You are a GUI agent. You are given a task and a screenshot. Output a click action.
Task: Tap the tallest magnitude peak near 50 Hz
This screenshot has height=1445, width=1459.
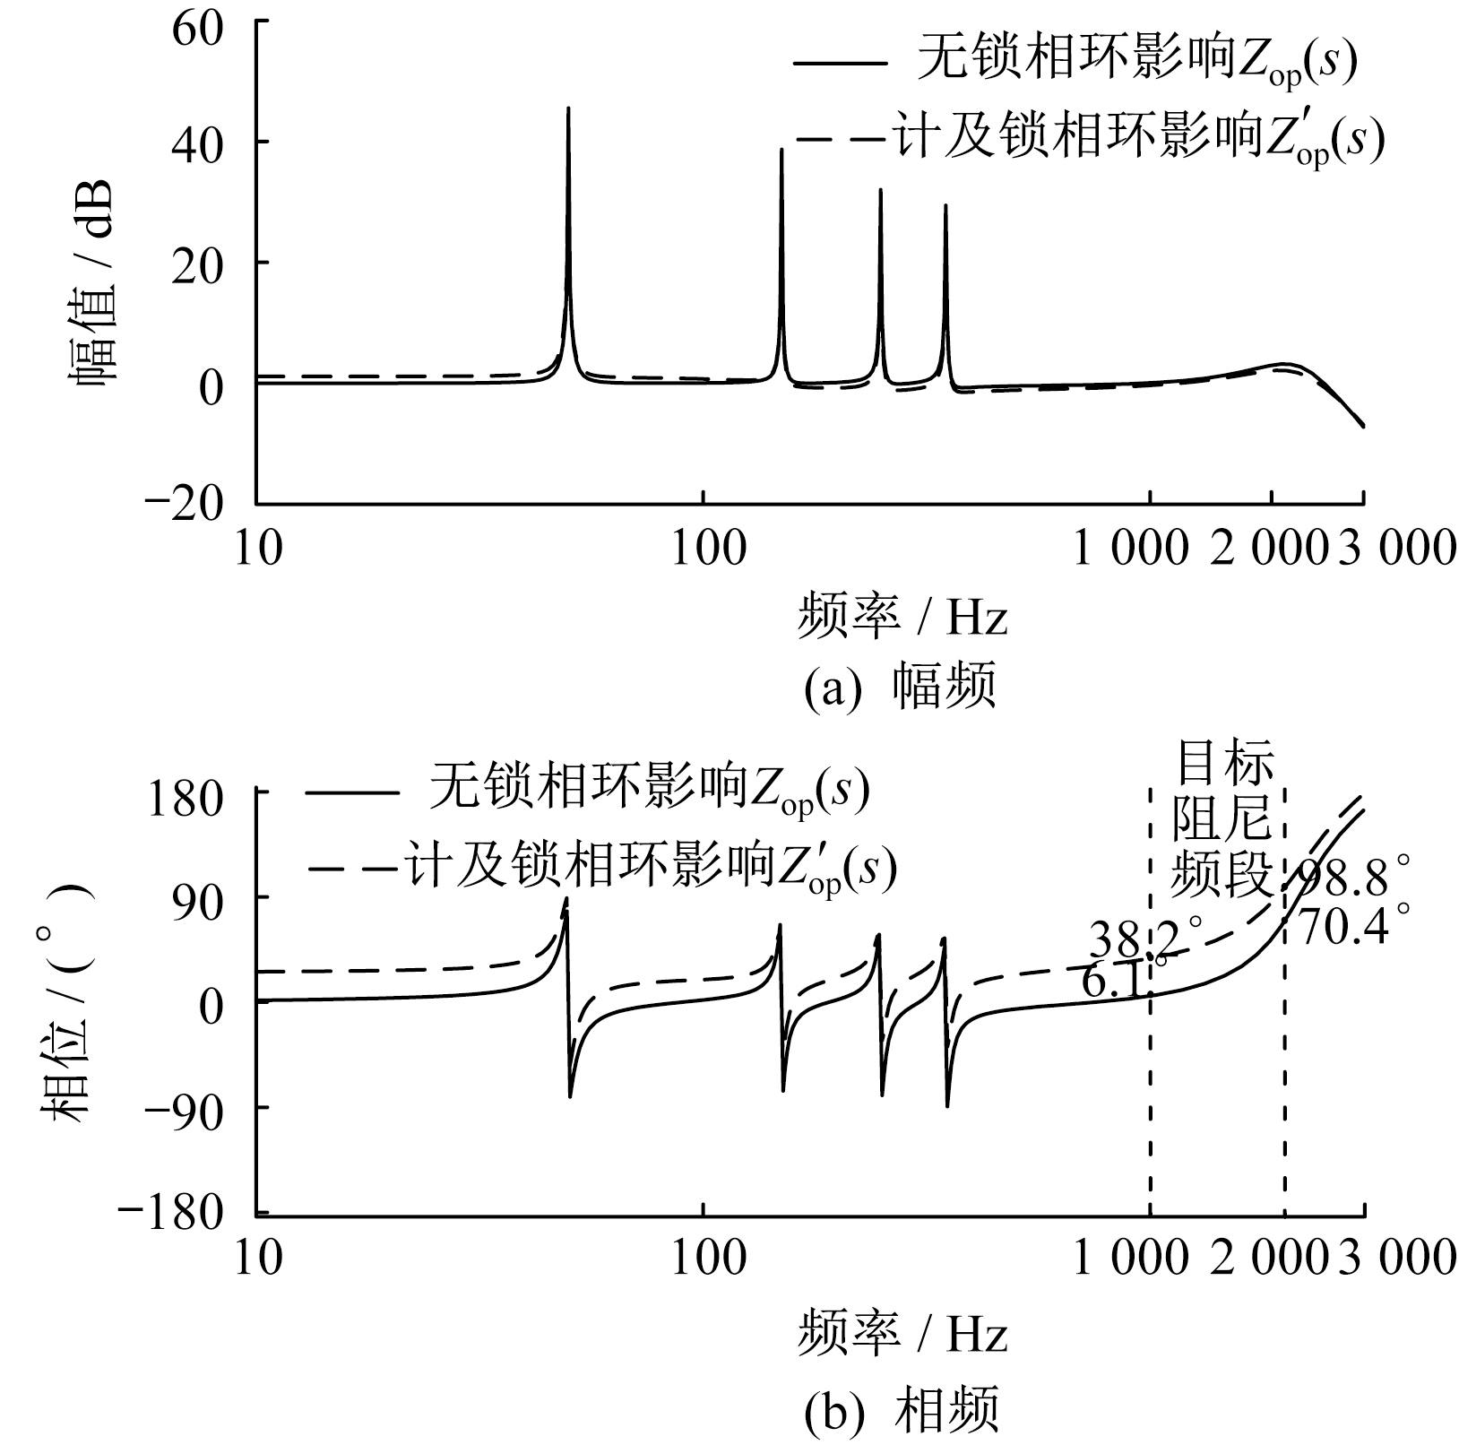(568, 109)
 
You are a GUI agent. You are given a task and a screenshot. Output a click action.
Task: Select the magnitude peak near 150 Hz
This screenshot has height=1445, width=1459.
(781, 151)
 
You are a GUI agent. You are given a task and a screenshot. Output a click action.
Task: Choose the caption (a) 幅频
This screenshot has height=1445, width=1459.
(900, 689)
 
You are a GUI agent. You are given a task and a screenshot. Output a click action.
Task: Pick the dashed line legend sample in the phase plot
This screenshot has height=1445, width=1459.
(352, 868)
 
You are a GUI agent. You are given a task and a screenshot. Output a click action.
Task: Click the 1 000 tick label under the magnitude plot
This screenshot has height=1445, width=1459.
(1131, 548)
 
